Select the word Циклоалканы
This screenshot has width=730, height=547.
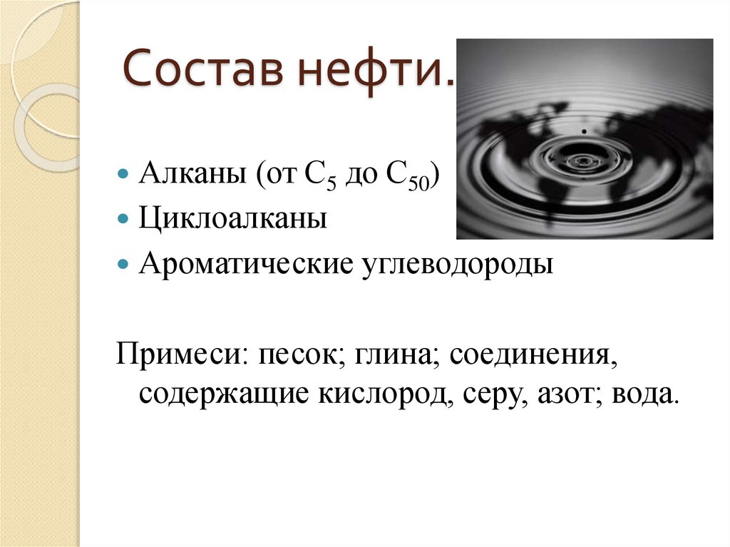pos(233,218)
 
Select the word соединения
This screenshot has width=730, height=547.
pos(532,354)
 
